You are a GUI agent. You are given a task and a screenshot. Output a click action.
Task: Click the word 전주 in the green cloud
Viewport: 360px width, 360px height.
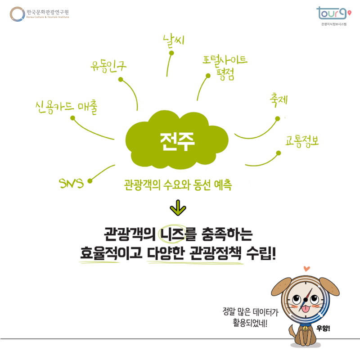(176, 141)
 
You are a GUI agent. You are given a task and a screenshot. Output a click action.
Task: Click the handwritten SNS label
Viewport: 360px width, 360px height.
(72, 183)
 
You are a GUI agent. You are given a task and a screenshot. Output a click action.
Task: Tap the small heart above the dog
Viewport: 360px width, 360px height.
(307, 269)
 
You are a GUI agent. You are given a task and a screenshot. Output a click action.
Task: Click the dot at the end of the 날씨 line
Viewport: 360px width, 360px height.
(171, 53)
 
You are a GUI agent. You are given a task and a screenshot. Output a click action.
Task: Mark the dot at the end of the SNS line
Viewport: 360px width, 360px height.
(90, 181)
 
